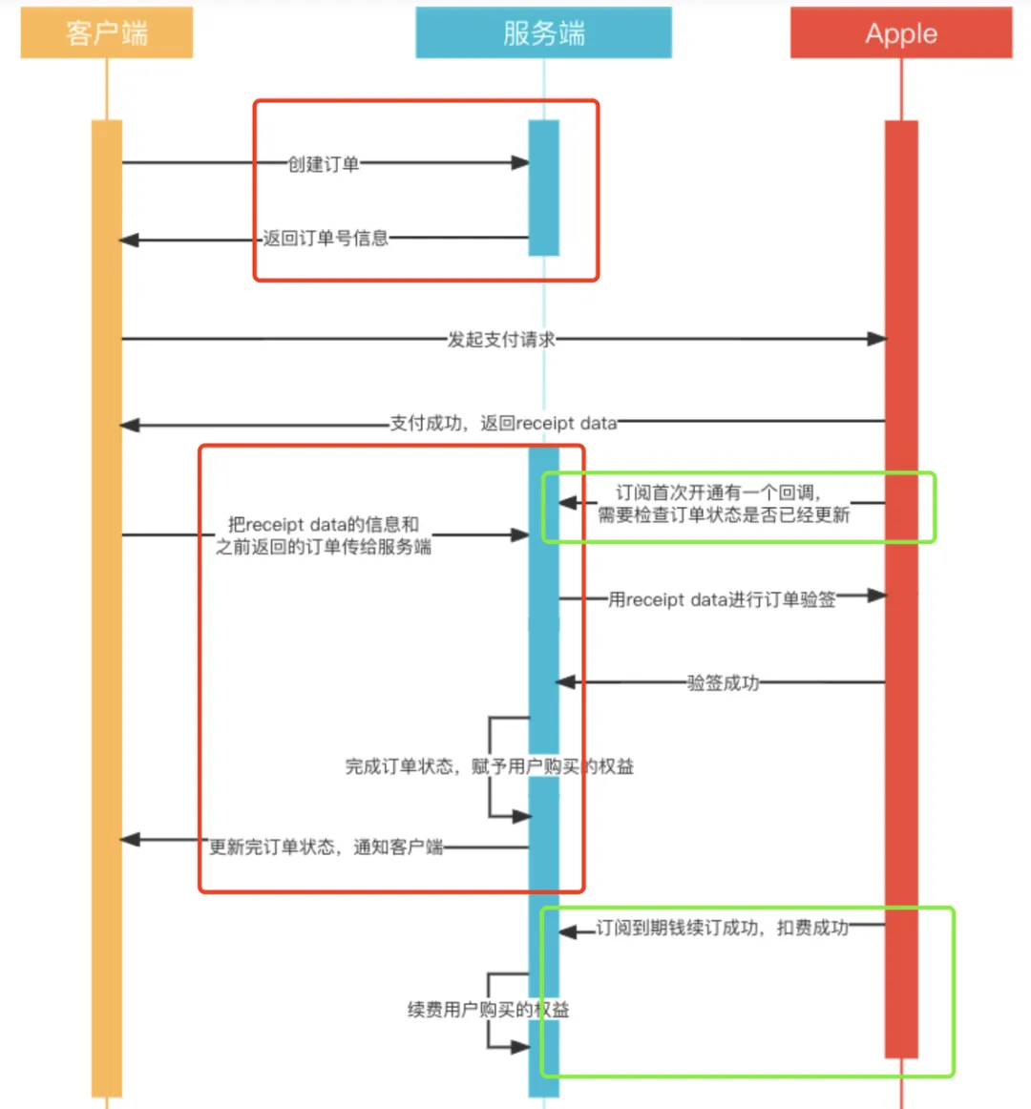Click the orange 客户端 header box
107,33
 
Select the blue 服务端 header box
543,33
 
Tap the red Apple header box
900,33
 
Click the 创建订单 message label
324,164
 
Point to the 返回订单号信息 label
326,239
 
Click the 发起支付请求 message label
501,339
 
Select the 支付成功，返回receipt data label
503,423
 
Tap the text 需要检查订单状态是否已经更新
724,515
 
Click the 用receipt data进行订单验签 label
722,599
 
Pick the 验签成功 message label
723,682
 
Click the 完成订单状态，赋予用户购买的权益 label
489,766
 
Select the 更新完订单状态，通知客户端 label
326,847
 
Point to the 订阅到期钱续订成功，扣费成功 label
722,928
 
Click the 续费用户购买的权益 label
488,1010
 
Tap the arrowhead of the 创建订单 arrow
520,163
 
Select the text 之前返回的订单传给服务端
323,547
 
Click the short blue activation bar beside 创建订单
544,188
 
